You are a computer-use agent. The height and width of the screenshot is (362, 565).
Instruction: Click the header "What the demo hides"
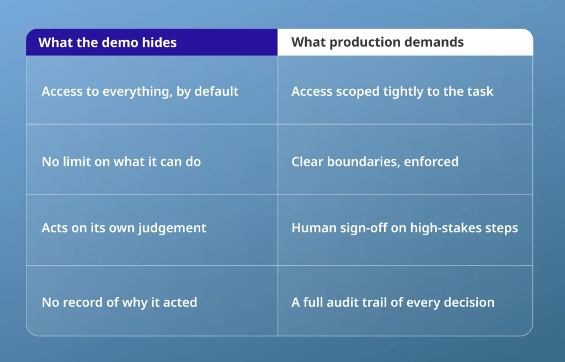(x=108, y=42)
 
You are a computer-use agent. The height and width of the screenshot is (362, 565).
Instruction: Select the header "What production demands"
(x=377, y=42)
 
